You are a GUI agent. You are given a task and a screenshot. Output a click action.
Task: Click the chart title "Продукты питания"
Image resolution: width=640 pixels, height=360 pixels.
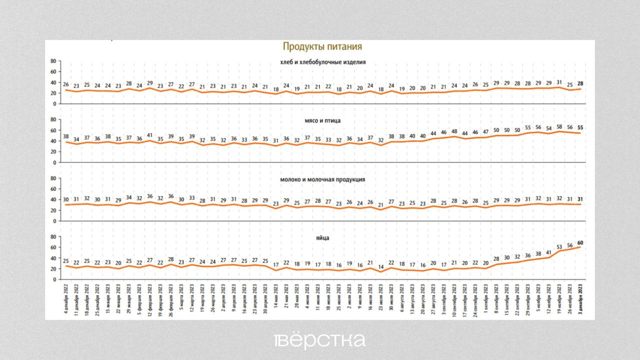(322, 47)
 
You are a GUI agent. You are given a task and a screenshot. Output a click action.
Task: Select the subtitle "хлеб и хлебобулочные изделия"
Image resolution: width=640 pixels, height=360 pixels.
(323, 62)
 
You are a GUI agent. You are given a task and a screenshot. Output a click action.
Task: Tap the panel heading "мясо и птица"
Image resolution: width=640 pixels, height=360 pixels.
(323, 120)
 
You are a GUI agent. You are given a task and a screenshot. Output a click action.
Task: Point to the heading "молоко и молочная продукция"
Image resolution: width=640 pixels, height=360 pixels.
(323, 179)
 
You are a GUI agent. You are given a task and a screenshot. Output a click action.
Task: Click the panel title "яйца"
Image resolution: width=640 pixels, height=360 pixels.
(323, 238)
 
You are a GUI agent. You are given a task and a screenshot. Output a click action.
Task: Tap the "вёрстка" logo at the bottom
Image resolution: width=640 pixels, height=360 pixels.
(320, 340)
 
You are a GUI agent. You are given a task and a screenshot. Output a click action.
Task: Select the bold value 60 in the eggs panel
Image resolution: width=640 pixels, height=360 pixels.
(580, 242)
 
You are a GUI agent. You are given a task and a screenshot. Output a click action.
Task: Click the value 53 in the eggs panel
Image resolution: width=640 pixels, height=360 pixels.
(559, 246)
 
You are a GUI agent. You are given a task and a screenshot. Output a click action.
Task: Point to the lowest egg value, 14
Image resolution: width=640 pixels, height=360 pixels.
(381, 267)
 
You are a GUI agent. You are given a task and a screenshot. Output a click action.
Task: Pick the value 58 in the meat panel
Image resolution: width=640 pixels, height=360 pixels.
(559, 126)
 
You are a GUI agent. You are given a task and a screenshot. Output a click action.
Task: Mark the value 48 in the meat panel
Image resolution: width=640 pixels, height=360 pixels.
(455, 132)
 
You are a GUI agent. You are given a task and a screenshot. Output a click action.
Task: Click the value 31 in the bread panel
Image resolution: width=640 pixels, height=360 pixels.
(559, 82)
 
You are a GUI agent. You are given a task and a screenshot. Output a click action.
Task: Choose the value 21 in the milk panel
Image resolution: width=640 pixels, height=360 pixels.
(381, 204)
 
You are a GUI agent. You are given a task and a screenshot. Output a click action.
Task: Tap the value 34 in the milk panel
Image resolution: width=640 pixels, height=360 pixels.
(129, 197)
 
